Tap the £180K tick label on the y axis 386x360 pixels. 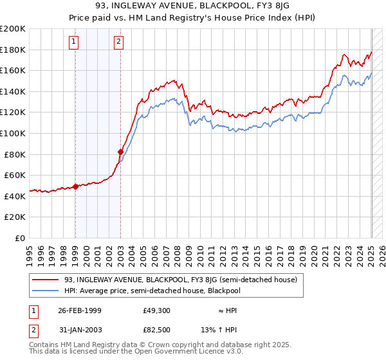pos(13,50)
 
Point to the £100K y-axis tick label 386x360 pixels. pos(13,133)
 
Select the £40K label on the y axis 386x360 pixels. pos(15,196)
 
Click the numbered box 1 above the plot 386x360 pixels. pos(75,42)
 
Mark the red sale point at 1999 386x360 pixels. pos(75,186)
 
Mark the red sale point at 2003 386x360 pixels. pos(120,152)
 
